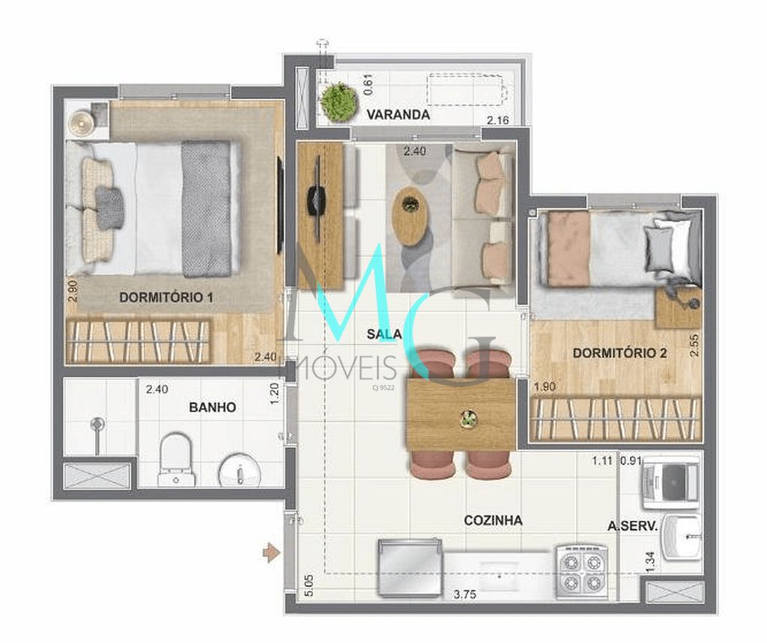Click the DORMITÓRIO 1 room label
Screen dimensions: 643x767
166,298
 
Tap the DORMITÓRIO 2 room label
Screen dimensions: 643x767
619,352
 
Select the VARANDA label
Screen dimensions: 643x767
398,115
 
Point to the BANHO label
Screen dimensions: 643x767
212,407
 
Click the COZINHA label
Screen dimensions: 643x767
493,520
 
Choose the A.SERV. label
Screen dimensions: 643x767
632,527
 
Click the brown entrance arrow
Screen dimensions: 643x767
271,553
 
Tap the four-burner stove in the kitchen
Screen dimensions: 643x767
582,571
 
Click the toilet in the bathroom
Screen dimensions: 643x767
177,459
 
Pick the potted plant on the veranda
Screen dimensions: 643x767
339,102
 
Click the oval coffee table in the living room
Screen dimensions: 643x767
410,215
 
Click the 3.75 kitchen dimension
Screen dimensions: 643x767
466,596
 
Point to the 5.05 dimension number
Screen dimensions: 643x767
309,585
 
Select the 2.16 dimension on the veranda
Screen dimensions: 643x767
498,120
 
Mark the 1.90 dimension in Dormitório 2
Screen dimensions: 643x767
545,387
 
